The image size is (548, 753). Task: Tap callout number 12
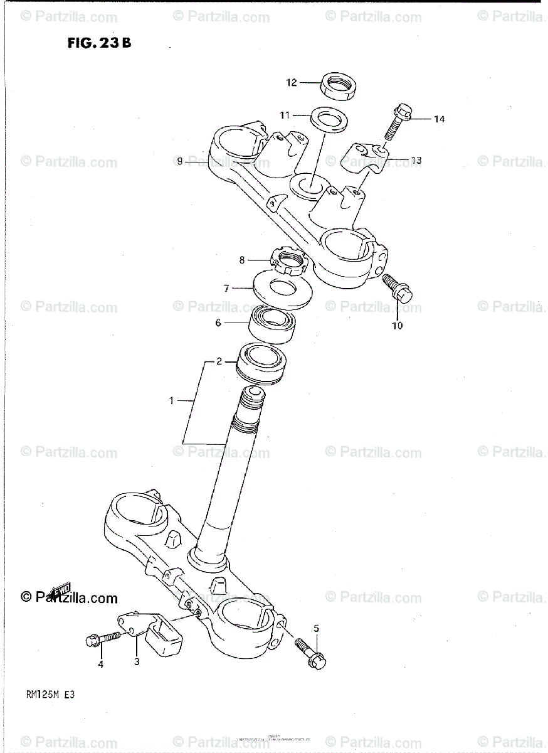tap(291, 82)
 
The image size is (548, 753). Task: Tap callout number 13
tap(416, 161)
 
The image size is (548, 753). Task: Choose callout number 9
tap(179, 161)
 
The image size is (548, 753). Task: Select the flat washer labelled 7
tap(283, 289)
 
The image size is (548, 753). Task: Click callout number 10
tap(398, 326)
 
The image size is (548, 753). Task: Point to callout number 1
tap(172, 400)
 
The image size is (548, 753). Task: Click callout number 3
tap(135, 661)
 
